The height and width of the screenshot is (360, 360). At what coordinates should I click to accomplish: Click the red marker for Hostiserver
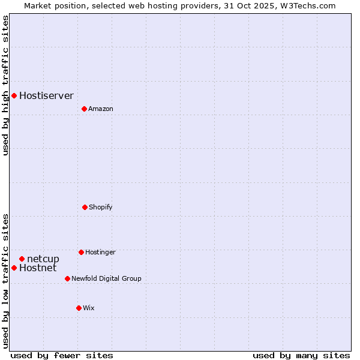14,95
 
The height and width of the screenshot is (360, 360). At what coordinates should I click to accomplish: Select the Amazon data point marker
84,109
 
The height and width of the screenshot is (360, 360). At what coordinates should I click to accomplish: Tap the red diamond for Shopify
85,207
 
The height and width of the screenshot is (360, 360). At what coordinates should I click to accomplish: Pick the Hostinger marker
81,252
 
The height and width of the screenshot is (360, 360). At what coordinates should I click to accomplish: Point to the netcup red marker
22,259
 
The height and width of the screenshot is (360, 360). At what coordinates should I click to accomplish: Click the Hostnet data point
14,268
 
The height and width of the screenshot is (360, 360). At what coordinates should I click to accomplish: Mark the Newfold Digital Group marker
67,278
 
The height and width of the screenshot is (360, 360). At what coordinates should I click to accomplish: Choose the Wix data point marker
79,308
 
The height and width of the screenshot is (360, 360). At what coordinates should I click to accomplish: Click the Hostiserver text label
46,95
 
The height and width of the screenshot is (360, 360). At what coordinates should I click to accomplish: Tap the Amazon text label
101,109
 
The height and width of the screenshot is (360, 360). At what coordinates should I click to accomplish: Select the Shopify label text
101,207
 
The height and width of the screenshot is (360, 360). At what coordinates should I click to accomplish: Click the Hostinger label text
100,252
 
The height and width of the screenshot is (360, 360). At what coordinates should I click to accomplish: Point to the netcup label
43,259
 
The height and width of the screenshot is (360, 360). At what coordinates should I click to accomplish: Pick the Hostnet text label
38,268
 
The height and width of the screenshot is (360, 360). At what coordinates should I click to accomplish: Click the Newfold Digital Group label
106,278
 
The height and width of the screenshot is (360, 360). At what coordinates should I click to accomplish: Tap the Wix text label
89,308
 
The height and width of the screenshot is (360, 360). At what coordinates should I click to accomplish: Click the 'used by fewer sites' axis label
62,355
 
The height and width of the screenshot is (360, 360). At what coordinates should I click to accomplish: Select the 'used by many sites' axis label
301,355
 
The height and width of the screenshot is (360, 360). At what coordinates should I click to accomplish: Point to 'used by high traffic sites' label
5,85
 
